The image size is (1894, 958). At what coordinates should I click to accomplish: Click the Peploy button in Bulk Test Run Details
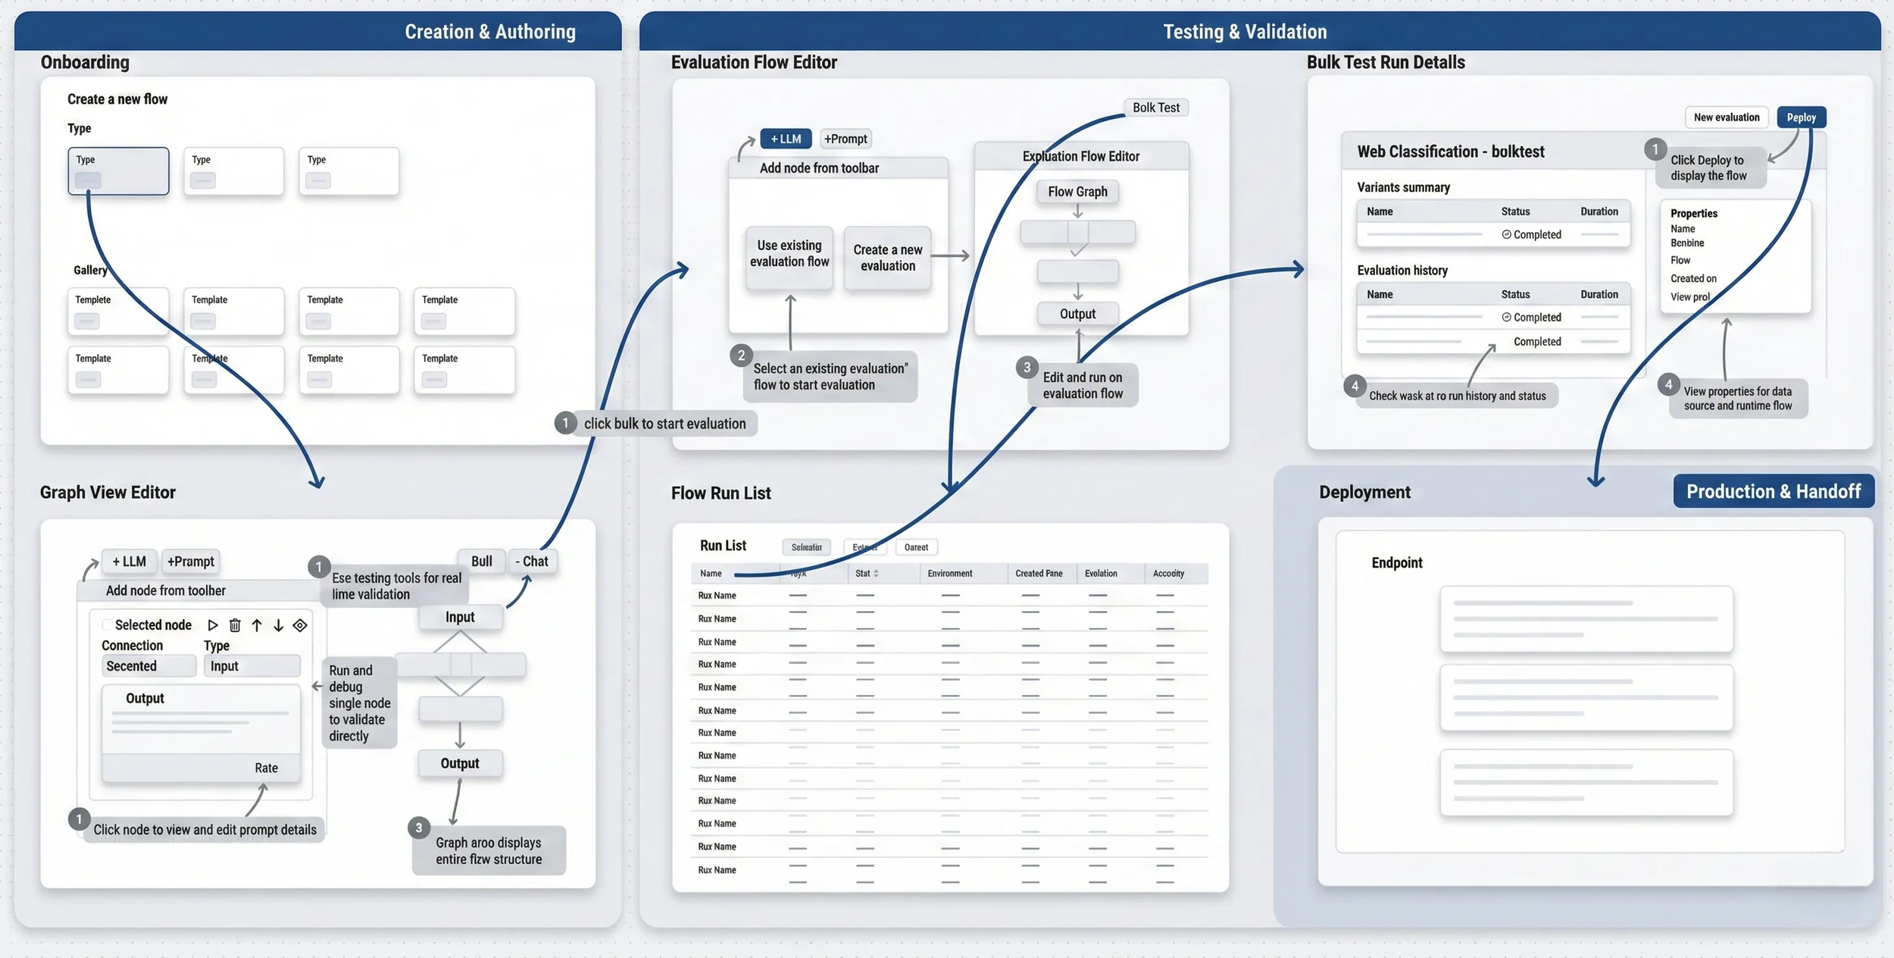coord(1801,117)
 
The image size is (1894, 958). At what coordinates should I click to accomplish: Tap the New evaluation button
coord(1726,117)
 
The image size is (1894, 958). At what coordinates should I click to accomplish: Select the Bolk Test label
coord(1155,108)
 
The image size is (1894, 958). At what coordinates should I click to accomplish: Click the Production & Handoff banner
coord(1773,491)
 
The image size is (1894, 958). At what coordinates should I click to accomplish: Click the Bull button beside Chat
coord(481,562)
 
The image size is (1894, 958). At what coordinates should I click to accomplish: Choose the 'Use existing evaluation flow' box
coord(789,255)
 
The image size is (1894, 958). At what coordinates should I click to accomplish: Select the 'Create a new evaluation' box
coord(887,258)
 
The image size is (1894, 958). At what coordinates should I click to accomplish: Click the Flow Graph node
coord(1077,192)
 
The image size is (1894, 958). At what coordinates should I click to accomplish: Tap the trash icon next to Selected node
coord(235,625)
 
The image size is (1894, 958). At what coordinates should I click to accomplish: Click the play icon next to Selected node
coord(213,625)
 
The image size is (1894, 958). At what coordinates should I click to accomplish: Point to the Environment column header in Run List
coord(949,574)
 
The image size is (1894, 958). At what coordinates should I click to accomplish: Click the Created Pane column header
coord(1039,574)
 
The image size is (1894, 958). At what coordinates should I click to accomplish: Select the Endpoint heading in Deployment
coord(1396,562)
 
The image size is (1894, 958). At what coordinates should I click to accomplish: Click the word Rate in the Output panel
coord(266,768)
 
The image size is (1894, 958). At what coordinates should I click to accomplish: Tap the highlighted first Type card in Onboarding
coord(118,171)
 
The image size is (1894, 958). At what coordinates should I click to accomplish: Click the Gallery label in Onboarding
coord(90,270)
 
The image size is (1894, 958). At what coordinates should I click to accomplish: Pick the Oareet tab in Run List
coord(916,547)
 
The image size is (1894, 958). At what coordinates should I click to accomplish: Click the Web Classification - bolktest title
coord(1450,152)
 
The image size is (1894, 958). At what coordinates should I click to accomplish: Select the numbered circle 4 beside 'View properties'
coord(1668,384)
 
